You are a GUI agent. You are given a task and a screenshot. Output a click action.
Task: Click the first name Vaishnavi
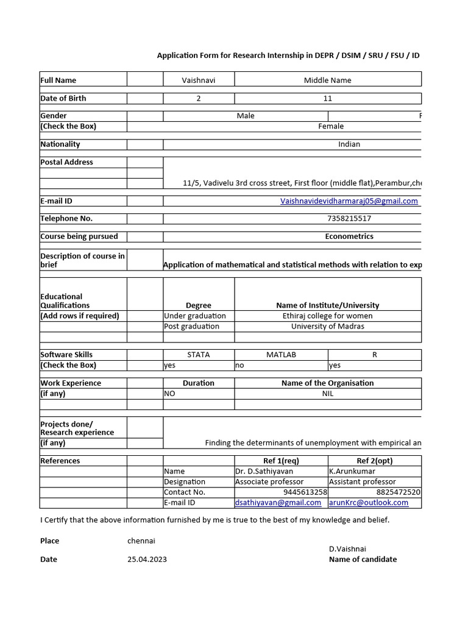click(x=199, y=80)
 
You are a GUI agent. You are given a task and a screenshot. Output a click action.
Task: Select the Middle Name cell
click(x=327, y=80)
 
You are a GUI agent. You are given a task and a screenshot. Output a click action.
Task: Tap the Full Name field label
click(x=58, y=80)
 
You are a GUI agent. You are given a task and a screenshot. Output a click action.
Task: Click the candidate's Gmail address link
click(x=349, y=201)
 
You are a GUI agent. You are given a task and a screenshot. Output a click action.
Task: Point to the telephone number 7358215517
click(x=349, y=219)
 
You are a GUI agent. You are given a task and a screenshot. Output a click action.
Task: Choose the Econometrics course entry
click(x=349, y=236)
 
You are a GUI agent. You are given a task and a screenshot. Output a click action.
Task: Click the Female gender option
click(x=331, y=126)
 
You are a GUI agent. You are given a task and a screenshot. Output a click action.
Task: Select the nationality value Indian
click(x=349, y=144)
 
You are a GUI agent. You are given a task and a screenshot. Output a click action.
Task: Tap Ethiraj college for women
click(x=327, y=316)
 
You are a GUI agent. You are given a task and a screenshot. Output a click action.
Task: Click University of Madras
click(x=327, y=326)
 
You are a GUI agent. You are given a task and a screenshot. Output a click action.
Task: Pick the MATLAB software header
click(x=281, y=355)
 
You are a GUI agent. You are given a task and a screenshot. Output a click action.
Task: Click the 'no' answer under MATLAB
click(x=239, y=365)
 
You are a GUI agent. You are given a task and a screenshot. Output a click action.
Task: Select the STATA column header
click(x=199, y=355)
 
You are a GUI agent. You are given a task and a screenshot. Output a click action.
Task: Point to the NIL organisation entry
click(x=327, y=394)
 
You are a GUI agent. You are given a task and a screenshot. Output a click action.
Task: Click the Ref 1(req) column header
click(x=281, y=461)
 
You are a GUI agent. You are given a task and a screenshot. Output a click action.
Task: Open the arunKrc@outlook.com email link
click(x=369, y=503)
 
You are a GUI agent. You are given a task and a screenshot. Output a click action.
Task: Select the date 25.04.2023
click(x=147, y=559)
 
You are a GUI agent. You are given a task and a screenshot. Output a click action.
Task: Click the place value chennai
click(x=141, y=541)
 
